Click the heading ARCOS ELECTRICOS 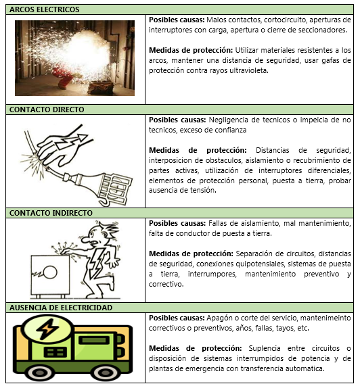pyautogui.click(x=45, y=9)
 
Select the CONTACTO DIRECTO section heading pyautogui.click(x=47, y=110)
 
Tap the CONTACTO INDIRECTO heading pyautogui.click(x=51, y=213)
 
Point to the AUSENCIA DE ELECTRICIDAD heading pyautogui.click(x=61, y=308)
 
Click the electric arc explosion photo pyautogui.click(x=74, y=58)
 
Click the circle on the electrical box pyautogui.click(x=50, y=272)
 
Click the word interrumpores pyautogui.click(x=212, y=274)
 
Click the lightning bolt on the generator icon pyautogui.click(x=48, y=329)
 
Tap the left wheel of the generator pyautogui.click(x=40, y=374)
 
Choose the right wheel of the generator pyautogui.click(x=105, y=374)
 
